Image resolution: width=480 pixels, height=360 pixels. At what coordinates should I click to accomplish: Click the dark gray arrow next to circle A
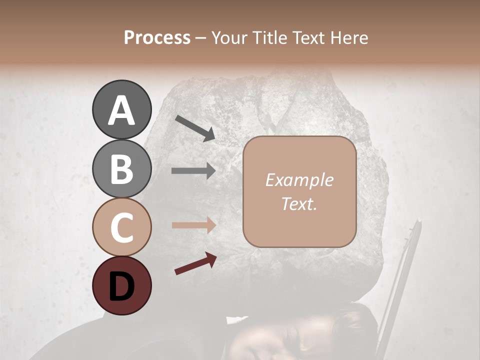[195, 127]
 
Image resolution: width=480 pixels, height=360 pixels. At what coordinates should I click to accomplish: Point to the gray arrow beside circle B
[193, 171]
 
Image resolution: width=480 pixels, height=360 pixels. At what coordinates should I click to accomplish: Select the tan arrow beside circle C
[193, 225]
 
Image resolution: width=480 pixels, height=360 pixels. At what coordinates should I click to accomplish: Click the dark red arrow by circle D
[195, 263]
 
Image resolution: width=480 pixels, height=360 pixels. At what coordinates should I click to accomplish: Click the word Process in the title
[157, 37]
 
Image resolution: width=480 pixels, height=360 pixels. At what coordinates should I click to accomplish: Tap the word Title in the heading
[271, 37]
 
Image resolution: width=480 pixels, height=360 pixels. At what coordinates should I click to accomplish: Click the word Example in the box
[299, 180]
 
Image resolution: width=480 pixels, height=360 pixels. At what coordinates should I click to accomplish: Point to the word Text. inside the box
[299, 203]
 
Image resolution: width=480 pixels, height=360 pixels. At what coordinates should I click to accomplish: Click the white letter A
[121, 110]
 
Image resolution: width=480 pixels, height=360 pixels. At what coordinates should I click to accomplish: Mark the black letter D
[121, 286]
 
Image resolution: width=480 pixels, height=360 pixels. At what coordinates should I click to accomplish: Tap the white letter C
[121, 227]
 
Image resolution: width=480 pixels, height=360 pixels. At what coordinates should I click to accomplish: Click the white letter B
[121, 169]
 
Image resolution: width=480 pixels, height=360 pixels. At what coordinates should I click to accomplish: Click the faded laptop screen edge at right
[400, 280]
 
